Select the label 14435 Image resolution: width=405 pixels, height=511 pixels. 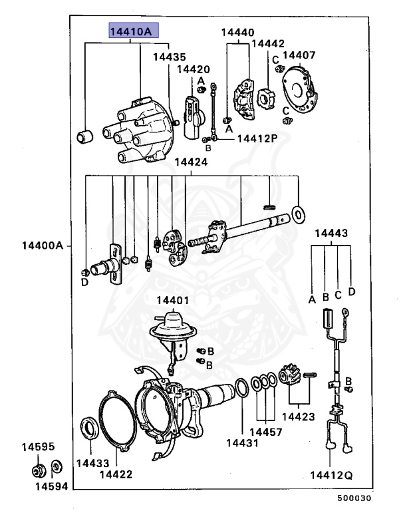coord(170,57)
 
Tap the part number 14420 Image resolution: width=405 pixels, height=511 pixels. coord(193,69)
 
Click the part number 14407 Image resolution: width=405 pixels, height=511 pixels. coord(299,55)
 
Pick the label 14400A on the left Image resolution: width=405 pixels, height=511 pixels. coord(41,246)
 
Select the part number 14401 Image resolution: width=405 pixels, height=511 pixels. coord(172,301)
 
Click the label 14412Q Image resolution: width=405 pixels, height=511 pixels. coord(331,475)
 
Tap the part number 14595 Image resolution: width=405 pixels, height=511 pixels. coord(33,446)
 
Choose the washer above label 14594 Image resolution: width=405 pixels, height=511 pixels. coord(57,465)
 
